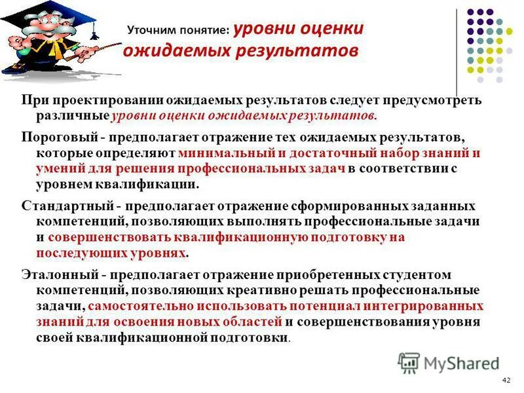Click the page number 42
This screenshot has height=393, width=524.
point(505,381)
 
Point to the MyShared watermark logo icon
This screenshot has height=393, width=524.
point(409,362)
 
